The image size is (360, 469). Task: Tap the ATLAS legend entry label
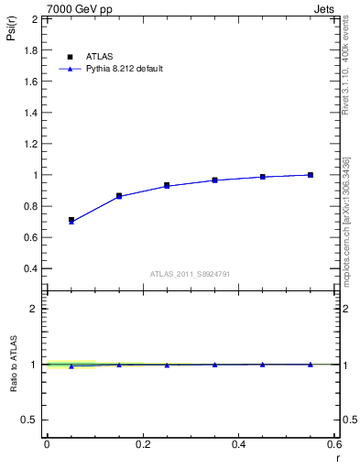click(x=98, y=56)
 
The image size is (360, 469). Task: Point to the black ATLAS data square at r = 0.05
click(x=71, y=220)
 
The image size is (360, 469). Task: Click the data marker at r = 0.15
click(x=119, y=196)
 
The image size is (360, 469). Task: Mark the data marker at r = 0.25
click(x=167, y=185)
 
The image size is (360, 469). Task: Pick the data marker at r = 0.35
click(x=215, y=180)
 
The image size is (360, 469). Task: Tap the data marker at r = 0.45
click(x=263, y=177)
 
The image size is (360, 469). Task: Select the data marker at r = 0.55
click(x=311, y=175)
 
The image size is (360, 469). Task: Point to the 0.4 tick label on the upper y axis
click(x=29, y=268)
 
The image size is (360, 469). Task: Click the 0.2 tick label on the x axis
click(x=142, y=444)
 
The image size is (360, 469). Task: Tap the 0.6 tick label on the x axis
click(x=333, y=444)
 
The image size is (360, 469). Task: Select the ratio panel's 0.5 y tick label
click(x=30, y=420)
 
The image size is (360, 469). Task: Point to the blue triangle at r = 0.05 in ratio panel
click(x=71, y=366)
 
